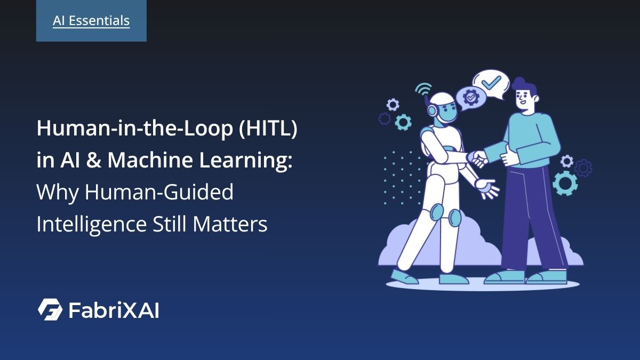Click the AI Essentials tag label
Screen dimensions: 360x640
coord(91,21)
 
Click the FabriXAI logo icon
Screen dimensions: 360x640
coord(50,309)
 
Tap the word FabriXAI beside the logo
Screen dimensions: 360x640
coord(114,310)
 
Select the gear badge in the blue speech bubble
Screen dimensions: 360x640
coord(471,98)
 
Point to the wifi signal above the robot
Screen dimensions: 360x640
coord(424,89)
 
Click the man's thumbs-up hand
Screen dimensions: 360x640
coord(509,156)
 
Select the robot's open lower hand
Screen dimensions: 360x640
coord(487,188)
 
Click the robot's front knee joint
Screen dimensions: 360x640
coord(454,217)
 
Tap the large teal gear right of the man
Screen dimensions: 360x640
coord(565,183)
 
